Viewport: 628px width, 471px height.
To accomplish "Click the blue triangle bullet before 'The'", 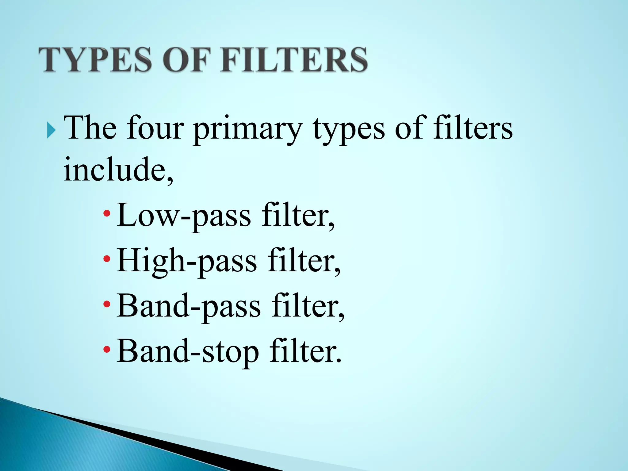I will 52,130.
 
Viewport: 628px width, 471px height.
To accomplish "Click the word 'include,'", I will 118,169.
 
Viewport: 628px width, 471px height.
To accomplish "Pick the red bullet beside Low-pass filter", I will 107,213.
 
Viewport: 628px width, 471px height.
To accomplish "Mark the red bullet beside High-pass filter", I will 107,259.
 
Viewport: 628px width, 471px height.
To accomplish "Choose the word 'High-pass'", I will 187,261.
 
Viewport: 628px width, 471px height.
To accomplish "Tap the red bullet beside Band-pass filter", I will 107,304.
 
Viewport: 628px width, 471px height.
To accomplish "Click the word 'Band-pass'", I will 189,306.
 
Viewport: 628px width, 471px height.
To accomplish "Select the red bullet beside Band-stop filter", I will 107,349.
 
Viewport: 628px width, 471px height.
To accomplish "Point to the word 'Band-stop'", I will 188,351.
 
